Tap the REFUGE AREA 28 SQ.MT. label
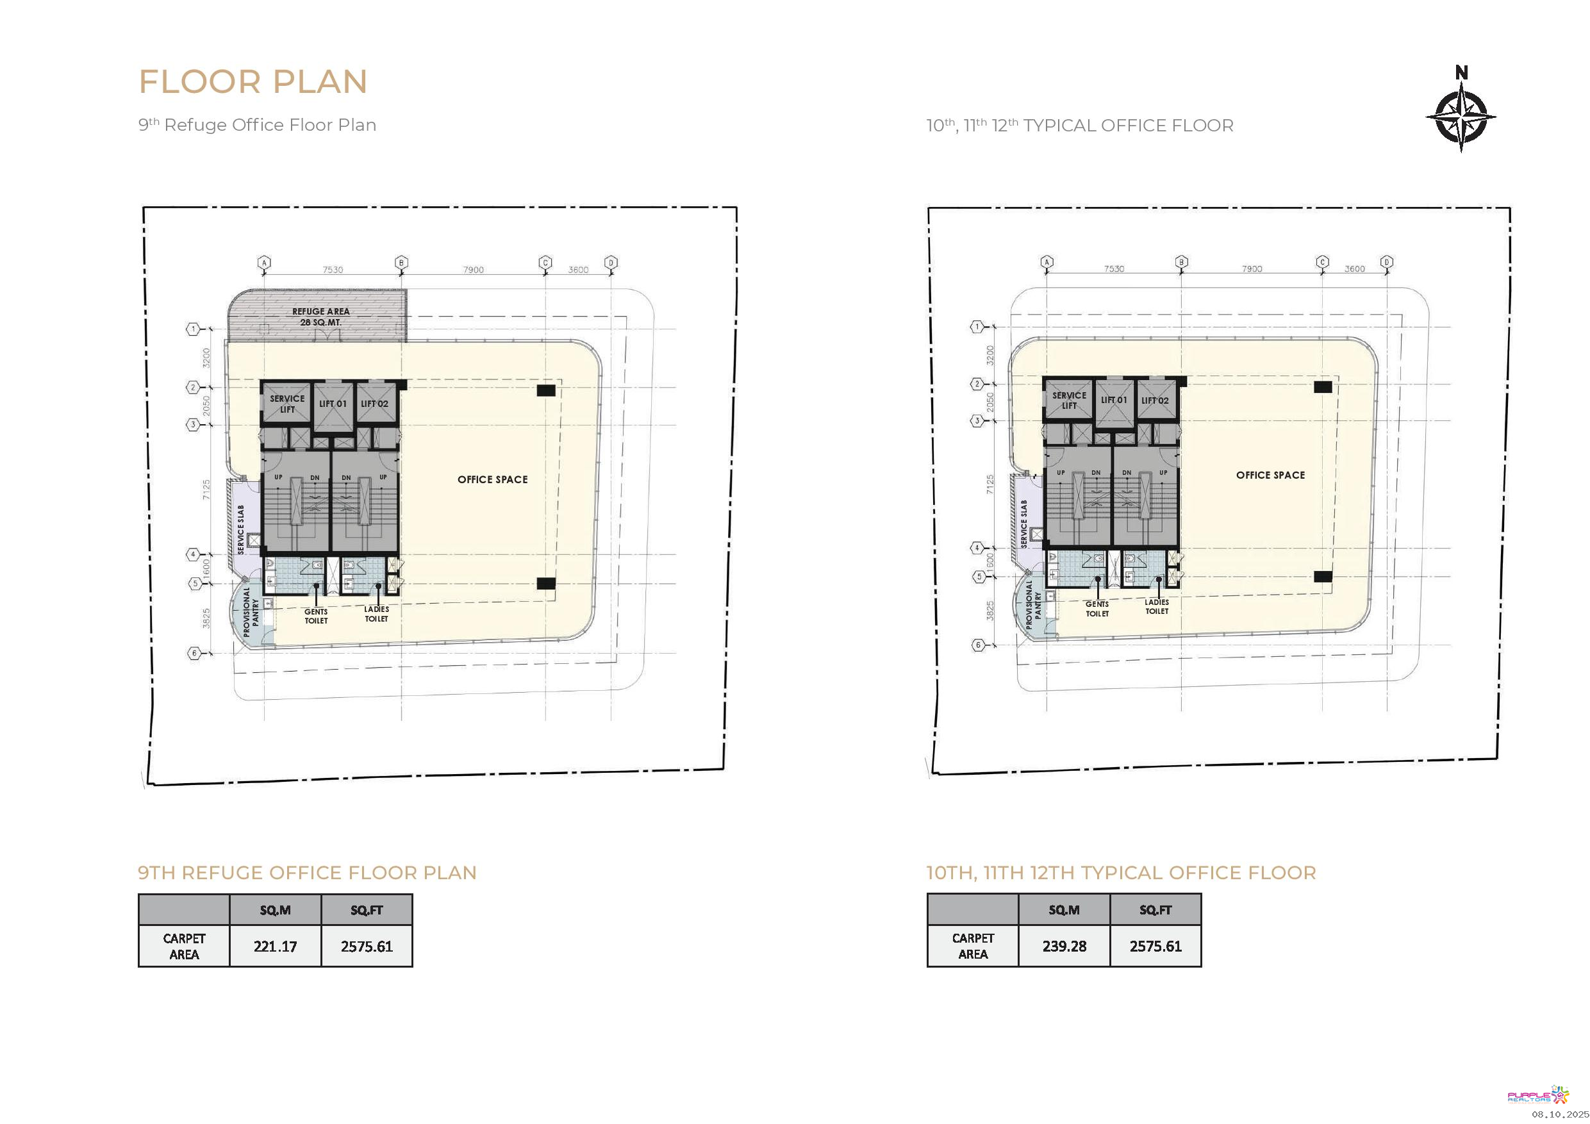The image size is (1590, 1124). click(320, 317)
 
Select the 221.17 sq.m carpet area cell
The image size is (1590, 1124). click(275, 946)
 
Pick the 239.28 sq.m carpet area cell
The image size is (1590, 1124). click(1064, 946)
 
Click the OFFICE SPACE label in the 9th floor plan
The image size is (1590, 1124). click(492, 479)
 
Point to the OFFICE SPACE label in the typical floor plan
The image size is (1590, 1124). click(1271, 475)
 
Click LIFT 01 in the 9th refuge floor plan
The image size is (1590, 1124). click(333, 404)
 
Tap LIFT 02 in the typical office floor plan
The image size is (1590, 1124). click(1155, 401)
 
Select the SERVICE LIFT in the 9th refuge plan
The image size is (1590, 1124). click(287, 404)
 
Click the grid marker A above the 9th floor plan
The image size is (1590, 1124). click(264, 263)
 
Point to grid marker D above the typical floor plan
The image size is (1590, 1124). click(1386, 262)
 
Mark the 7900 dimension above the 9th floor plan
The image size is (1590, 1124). click(474, 269)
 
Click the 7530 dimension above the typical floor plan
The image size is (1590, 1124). click(1114, 268)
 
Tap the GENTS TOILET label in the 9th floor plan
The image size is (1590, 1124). click(317, 616)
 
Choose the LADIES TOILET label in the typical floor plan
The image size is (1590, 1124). click(1157, 607)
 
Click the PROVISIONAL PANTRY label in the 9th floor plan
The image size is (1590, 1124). click(251, 612)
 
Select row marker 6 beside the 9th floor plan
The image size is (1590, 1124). click(195, 653)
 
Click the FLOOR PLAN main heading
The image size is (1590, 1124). click(253, 82)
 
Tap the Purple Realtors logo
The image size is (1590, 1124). click(1538, 1095)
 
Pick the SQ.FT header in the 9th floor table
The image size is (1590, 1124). click(367, 910)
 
